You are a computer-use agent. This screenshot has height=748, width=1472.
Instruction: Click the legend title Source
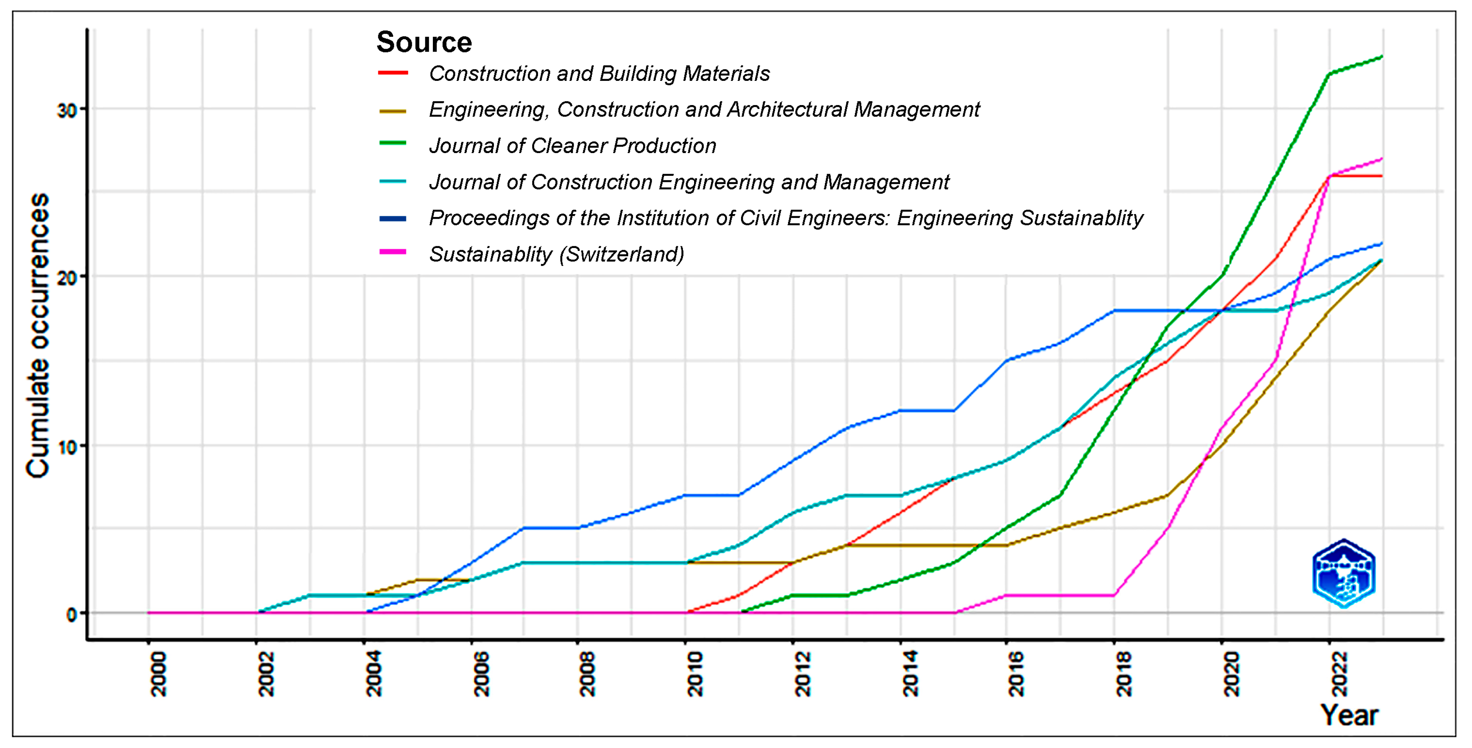(x=424, y=42)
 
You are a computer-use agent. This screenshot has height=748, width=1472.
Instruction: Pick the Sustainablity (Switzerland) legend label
(x=556, y=254)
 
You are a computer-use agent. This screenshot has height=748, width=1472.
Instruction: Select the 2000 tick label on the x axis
(x=158, y=674)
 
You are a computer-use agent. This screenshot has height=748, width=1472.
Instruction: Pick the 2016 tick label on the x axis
(x=1017, y=674)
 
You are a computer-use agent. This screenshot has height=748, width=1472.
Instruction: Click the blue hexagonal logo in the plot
(x=1344, y=573)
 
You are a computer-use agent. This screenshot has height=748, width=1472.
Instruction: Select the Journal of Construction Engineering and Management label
(x=689, y=182)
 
